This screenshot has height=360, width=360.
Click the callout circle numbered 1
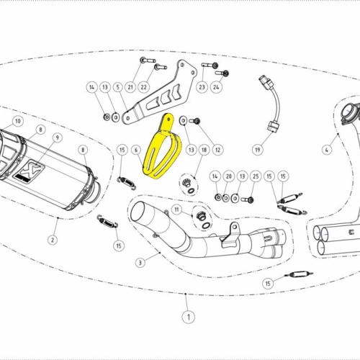coord(189,317)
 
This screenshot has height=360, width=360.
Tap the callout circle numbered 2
coord(53,240)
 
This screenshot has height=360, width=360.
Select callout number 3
coord(140,263)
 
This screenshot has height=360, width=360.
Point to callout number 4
coord(327,150)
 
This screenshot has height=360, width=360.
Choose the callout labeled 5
coord(118,87)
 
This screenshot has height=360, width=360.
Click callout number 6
coord(136,150)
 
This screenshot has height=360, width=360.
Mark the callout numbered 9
coord(58,138)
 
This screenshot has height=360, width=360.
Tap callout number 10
coord(18,121)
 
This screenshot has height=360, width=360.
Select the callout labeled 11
coord(177,210)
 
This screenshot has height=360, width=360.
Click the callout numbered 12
coord(217,150)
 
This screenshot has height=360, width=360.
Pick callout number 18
coord(204,150)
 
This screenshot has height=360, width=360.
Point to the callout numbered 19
coord(258,150)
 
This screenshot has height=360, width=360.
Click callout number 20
coord(228,176)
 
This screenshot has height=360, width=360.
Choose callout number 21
coord(130,87)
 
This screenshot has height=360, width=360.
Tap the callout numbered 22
coord(143,87)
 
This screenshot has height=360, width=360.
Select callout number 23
coord(202,87)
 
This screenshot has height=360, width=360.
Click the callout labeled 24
coord(216,87)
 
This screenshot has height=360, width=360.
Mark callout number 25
coord(256,176)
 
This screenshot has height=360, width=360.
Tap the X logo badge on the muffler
coord(30,171)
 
